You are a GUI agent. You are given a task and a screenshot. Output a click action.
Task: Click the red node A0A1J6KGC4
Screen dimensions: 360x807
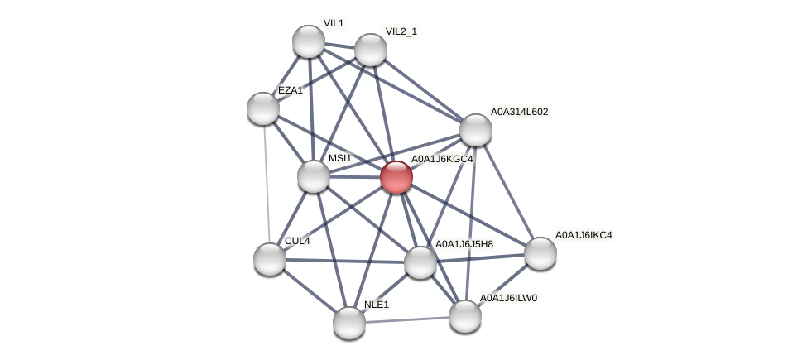tap(396, 177)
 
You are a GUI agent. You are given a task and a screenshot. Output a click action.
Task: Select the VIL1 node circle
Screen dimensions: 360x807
tap(309, 41)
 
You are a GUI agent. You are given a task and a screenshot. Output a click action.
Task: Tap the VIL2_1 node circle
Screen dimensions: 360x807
tap(371, 50)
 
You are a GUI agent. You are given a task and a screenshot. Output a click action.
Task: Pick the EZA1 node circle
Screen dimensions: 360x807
tap(263, 108)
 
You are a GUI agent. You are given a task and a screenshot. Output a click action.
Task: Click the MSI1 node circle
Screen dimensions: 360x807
tap(314, 176)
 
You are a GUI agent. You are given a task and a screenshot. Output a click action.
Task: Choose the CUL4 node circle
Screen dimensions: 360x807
tap(270, 259)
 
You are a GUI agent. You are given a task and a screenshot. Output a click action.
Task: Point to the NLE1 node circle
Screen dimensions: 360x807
tap(349, 322)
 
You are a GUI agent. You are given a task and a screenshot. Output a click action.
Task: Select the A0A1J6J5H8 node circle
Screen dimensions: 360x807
tap(420, 262)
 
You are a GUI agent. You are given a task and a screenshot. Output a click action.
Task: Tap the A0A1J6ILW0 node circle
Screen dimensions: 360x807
tap(465, 315)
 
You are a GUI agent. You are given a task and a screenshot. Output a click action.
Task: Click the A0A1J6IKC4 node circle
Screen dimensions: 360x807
tap(540, 253)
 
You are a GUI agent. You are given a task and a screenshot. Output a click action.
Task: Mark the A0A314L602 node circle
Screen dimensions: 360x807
tap(476, 130)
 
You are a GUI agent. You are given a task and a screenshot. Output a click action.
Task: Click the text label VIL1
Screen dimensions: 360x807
tap(334, 23)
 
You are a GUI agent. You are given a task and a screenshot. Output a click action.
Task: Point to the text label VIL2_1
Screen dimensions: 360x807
tap(401, 31)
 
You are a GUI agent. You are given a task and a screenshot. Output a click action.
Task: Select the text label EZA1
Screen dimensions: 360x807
tap(291, 90)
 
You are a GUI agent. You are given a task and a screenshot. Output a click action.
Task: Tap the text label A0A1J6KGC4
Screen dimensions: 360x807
tap(442, 159)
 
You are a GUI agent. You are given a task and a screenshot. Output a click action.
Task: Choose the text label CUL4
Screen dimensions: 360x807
tap(297, 241)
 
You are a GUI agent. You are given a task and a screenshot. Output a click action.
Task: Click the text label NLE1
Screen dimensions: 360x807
tap(377, 305)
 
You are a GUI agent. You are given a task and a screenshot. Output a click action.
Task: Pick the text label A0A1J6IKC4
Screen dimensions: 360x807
tap(584, 235)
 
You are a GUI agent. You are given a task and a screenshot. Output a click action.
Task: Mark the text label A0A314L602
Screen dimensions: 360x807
tap(519, 112)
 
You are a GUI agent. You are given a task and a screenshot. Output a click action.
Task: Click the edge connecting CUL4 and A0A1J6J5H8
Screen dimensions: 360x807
tap(345, 261)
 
